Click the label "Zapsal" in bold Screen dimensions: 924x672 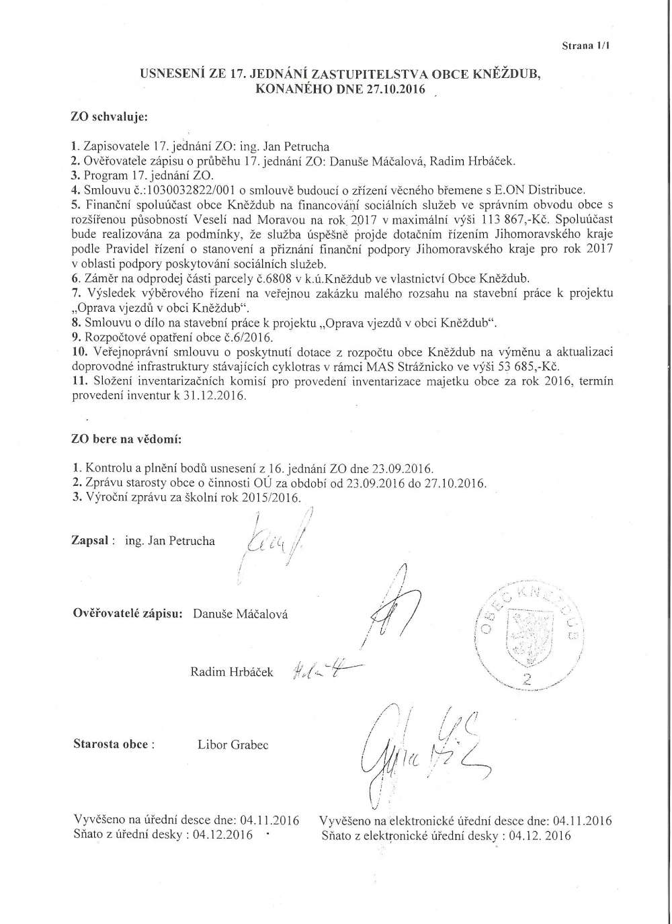pos(90,540)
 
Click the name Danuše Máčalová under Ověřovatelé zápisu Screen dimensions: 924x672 pos(240,614)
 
